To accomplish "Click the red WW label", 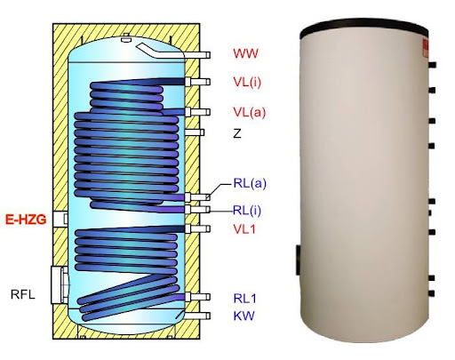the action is tap(245, 53).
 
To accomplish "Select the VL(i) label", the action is tap(247, 82).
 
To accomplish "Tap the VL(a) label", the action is tap(249, 113).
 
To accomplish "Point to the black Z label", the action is tap(237, 134).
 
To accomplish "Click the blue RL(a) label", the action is tap(250, 183).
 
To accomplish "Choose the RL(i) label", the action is tap(247, 211).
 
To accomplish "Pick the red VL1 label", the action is tap(244, 229).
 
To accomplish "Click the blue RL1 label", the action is tap(244, 299).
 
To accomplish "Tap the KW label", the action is tap(243, 316).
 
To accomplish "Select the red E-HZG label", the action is tap(26, 220).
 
